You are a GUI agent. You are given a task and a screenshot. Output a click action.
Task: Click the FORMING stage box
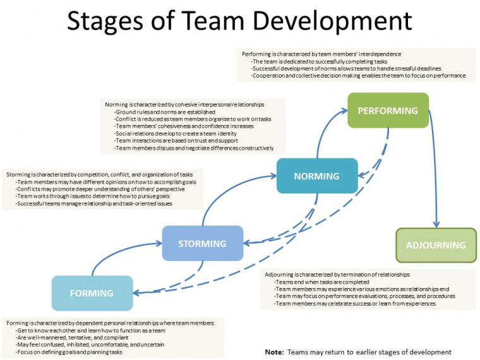tap(92, 293)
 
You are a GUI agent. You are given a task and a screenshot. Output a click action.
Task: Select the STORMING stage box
tap(202, 243)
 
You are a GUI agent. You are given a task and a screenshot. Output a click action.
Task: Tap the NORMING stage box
tap(316, 176)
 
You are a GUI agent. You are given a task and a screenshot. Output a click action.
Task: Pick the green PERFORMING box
tap(388, 111)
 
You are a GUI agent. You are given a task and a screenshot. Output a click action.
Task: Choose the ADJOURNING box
tap(436, 245)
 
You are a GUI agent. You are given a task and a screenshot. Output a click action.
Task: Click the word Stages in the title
tap(108, 21)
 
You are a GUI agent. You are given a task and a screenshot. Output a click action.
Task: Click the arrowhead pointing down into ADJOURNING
tap(436, 224)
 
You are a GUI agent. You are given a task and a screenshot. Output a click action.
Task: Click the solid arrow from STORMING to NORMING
tap(227, 189)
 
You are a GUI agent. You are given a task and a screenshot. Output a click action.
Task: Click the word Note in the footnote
tap(274, 352)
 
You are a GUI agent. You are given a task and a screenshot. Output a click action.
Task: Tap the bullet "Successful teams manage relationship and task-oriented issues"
tap(94, 203)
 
